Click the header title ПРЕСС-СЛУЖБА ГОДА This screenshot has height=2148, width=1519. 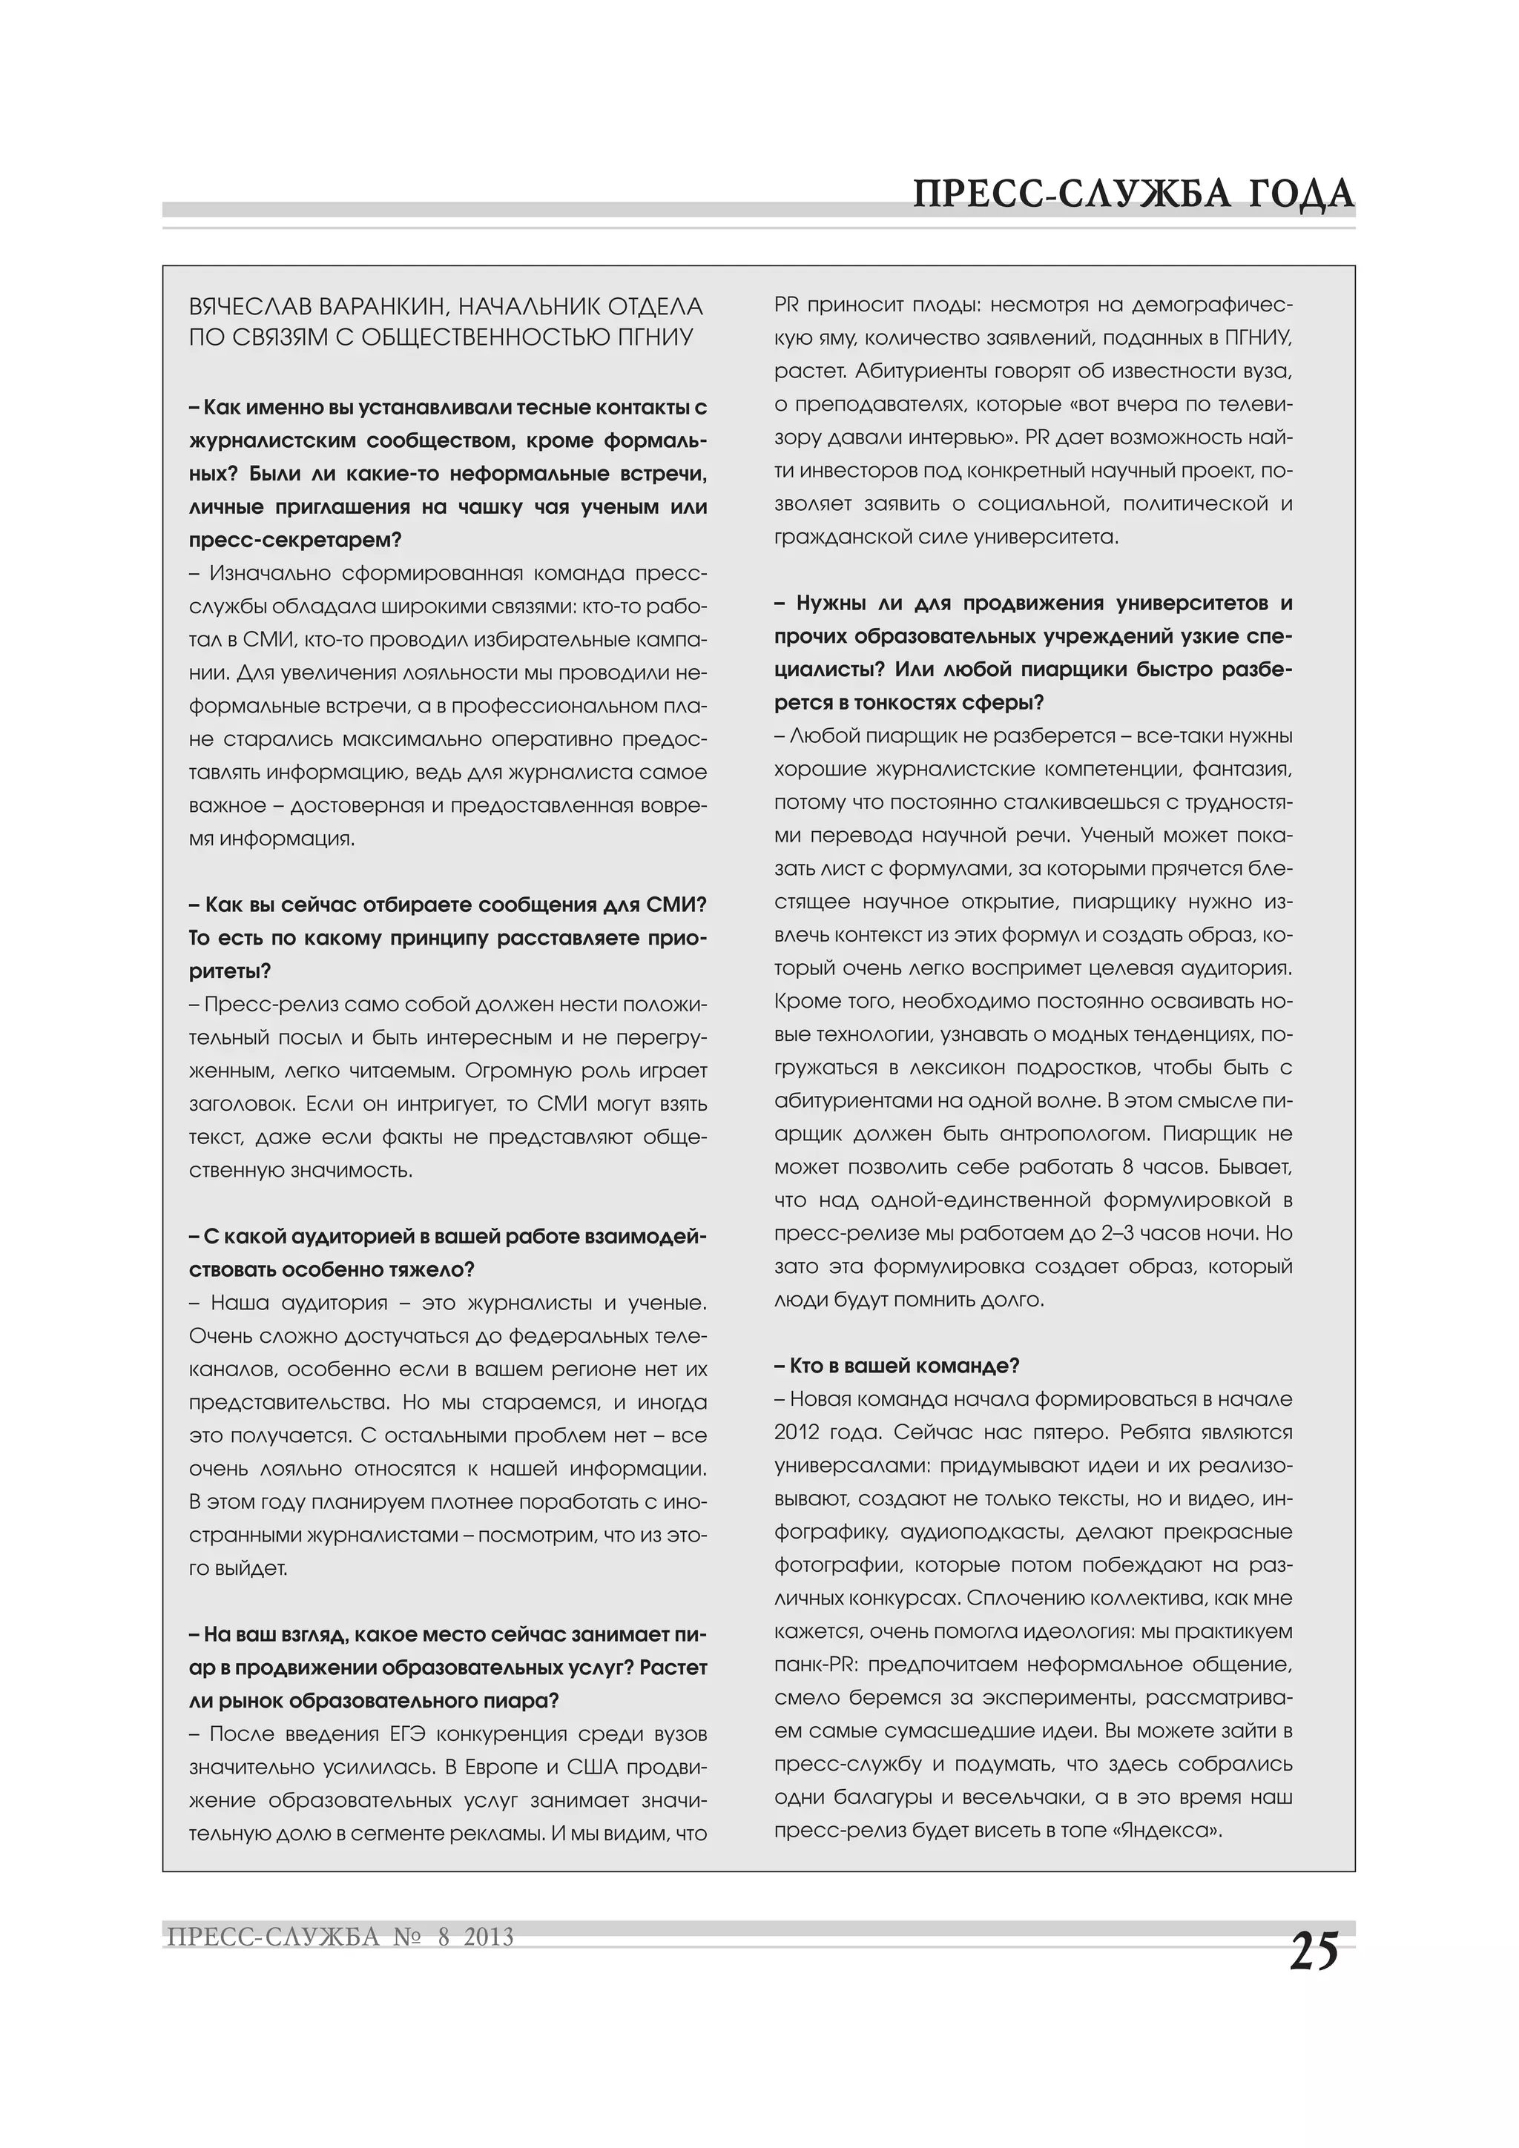point(1133,194)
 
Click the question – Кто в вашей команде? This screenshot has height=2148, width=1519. point(897,1366)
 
